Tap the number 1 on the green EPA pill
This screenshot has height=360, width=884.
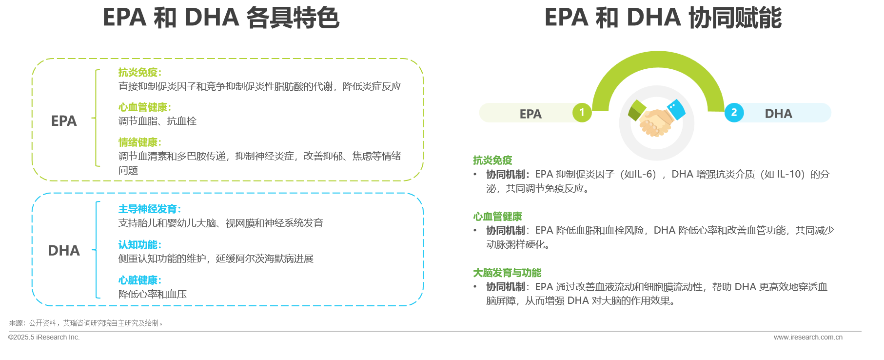pos(582,113)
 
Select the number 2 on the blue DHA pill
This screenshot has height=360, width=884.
pos(734,113)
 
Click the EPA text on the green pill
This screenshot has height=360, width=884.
pos(530,114)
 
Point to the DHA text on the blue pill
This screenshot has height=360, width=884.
pos(778,114)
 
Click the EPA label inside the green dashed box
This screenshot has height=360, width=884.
pos(64,121)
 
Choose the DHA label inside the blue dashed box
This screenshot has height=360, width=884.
pos(64,251)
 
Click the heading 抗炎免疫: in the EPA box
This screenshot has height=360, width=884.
pos(139,73)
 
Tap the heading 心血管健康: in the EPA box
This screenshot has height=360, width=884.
pos(144,107)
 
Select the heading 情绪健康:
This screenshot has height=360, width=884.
pos(139,142)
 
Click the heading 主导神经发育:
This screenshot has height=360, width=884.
pos(149,209)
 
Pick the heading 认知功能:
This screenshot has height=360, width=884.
pos(139,245)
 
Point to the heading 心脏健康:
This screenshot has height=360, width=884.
pos(139,280)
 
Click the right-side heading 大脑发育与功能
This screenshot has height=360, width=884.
pos(507,273)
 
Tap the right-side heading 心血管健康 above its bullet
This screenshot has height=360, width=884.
pos(497,217)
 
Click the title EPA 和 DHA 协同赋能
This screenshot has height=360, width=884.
pos(663,18)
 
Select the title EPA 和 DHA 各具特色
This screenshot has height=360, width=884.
pos(221,18)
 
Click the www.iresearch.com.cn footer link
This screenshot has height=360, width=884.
pos(808,337)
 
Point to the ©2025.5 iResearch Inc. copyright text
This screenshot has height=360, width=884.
pos(44,337)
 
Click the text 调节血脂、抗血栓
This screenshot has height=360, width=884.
pos(157,121)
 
